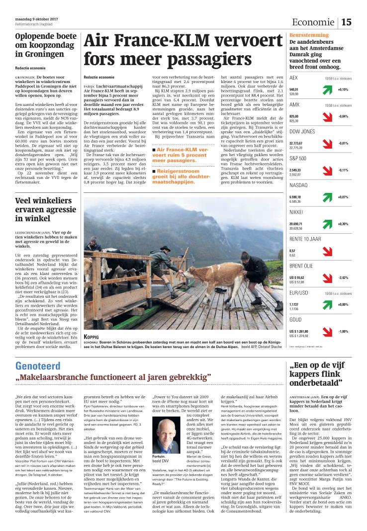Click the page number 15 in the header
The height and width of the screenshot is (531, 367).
pyautogui.click(x=346, y=22)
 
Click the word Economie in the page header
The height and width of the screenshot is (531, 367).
pyautogui.click(x=313, y=22)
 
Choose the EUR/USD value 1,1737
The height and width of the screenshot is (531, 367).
pyautogui.click(x=295, y=304)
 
